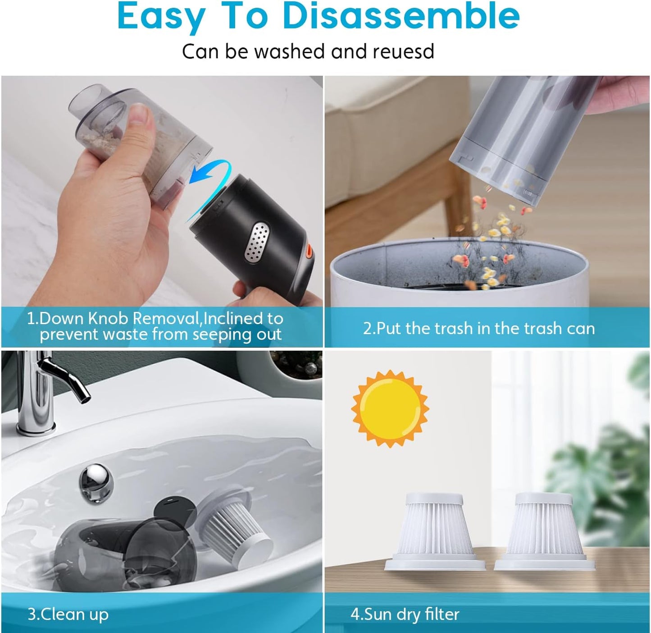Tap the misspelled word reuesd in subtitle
[x=403, y=51]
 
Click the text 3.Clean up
[x=68, y=615]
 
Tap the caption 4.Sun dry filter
[x=405, y=615]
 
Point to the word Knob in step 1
[x=108, y=318]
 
